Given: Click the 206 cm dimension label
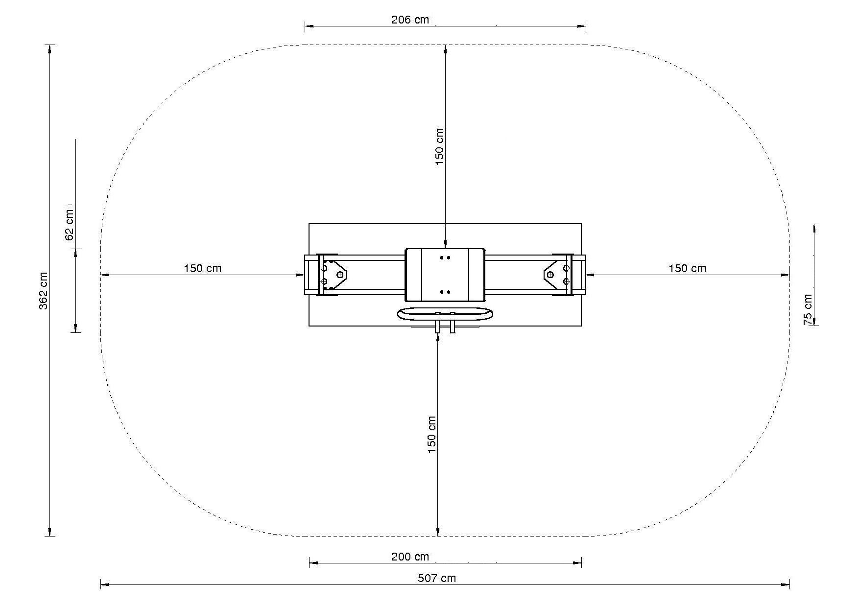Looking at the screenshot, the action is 410,20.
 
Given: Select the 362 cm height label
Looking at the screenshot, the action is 44,291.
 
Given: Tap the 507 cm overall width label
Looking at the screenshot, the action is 436,578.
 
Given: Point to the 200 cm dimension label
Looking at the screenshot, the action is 410,557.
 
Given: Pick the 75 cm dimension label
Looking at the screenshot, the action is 808,309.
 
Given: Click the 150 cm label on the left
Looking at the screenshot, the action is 202,268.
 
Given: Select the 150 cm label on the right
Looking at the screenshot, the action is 687,268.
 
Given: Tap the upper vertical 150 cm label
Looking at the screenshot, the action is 439,146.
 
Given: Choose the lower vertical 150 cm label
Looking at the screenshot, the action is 431,434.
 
